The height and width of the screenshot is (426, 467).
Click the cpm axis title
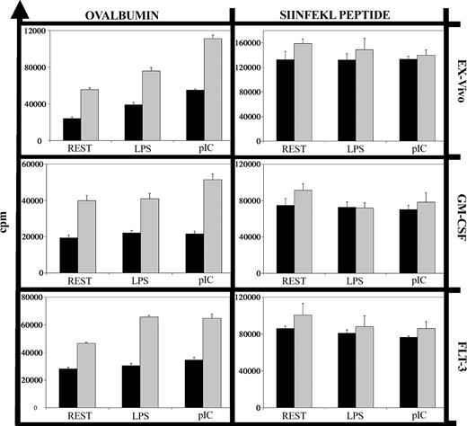10,220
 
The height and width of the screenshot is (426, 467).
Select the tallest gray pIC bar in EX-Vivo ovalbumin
212,90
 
